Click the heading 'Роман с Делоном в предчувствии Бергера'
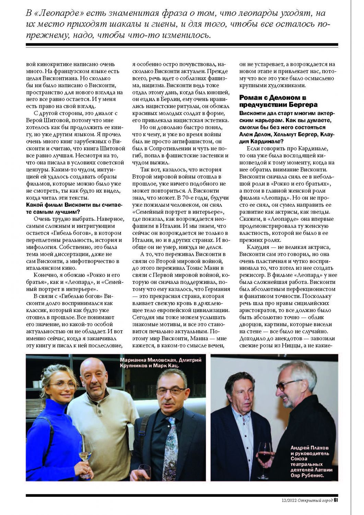[278, 101]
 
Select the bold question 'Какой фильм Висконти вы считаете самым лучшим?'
[74, 208]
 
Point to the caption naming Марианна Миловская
[160, 363]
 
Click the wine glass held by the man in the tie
[144, 472]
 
